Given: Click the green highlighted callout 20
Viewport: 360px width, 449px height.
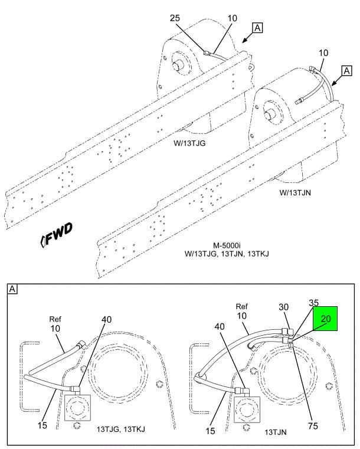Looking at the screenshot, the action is pyautogui.click(x=325, y=319).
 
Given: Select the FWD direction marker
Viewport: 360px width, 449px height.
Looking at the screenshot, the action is pyautogui.click(x=57, y=235).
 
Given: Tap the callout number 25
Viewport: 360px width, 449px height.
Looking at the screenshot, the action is pyautogui.click(x=175, y=18).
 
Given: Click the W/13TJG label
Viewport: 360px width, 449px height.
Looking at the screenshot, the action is pyautogui.click(x=189, y=143).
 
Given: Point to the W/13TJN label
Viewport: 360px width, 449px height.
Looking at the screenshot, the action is pyautogui.click(x=295, y=192).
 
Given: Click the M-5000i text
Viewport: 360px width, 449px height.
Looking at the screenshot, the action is pyautogui.click(x=227, y=245).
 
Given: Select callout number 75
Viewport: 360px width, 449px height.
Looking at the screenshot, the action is pyautogui.click(x=313, y=426).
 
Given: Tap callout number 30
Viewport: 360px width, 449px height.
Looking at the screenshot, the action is pyautogui.click(x=283, y=307).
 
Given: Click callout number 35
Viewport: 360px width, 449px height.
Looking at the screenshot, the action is pyautogui.click(x=313, y=303).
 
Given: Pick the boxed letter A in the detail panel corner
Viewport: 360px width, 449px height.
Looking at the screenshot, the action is pyautogui.click(x=12, y=289).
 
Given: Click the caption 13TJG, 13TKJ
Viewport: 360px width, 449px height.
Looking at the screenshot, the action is pyautogui.click(x=120, y=429).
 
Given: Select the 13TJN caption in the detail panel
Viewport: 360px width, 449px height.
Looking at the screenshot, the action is pyautogui.click(x=275, y=432).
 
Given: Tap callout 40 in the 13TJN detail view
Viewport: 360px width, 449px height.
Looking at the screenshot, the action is pyautogui.click(x=220, y=326).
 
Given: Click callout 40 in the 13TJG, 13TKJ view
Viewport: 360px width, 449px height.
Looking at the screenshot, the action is pyautogui.click(x=107, y=319).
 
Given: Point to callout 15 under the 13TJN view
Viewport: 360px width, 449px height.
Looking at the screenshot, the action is pyautogui.click(x=210, y=431).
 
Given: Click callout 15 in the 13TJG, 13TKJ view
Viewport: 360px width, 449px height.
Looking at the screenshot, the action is pyautogui.click(x=42, y=425).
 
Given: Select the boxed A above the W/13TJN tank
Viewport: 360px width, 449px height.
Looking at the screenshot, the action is pyautogui.click(x=346, y=70).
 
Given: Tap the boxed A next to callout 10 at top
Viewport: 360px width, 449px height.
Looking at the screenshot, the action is pyautogui.click(x=257, y=28).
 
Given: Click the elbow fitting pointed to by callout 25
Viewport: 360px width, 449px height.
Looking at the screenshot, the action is pyautogui.click(x=207, y=53).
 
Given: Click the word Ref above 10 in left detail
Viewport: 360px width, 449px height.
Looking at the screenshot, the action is pyautogui.click(x=55, y=319).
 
